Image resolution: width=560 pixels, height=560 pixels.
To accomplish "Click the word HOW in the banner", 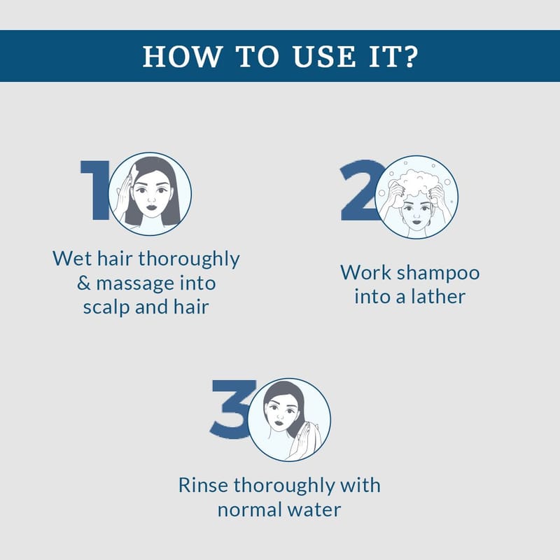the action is [182, 57].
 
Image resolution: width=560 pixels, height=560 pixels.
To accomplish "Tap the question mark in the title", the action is [410, 57].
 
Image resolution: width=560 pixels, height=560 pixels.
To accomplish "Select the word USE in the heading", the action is [324, 57].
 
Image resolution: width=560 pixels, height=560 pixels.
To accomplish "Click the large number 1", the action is [95, 190].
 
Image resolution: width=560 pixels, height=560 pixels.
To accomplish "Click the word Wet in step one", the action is [72, 258].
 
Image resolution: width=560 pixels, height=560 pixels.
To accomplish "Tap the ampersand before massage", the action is [83, 283].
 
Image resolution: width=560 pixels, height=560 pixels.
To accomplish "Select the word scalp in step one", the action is [106, 308].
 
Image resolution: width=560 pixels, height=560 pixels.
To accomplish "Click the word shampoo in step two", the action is [438, 274].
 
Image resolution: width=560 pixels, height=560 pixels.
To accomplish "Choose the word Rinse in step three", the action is [203, 485].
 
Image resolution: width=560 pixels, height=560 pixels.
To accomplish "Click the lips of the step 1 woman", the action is [151, 207].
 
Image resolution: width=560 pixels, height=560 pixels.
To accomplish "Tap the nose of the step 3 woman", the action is [281, 416].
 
